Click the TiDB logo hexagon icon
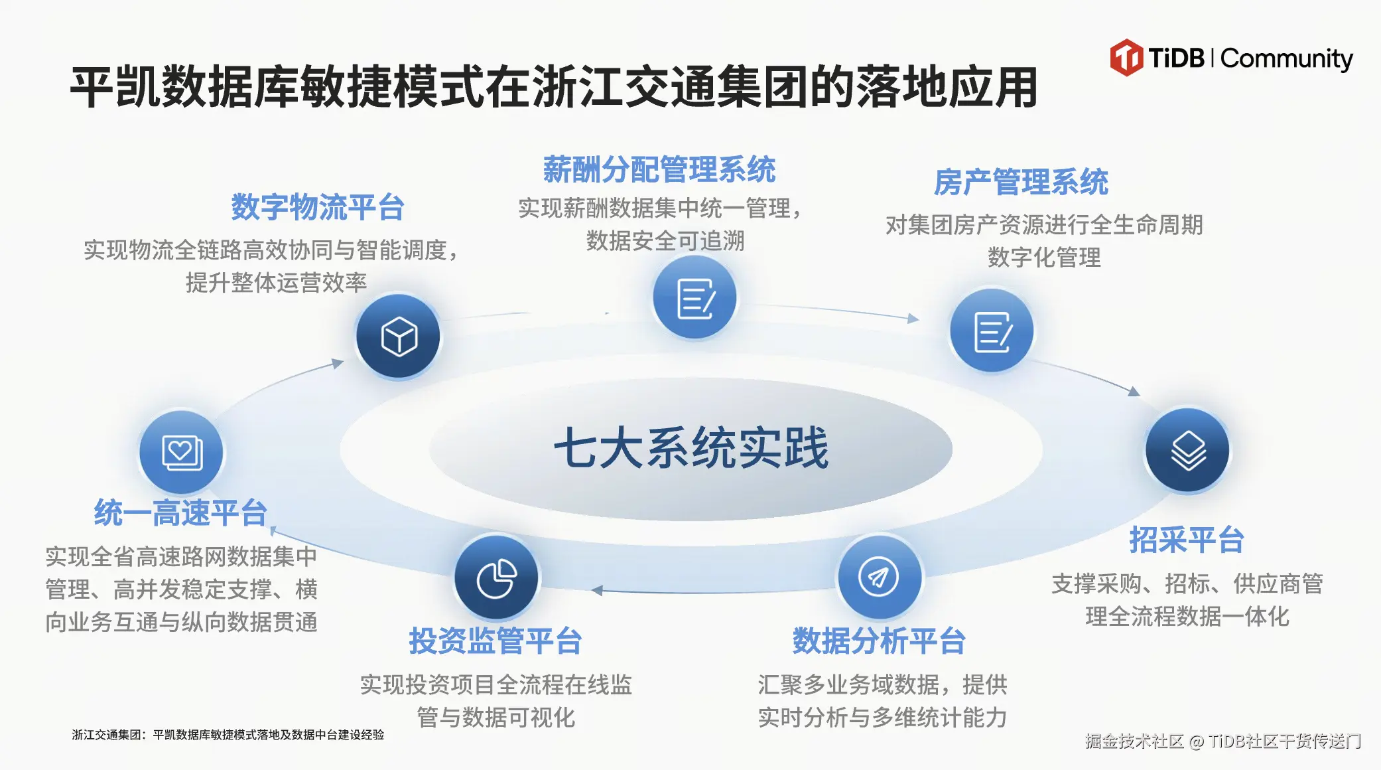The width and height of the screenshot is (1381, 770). tap(1126, 58)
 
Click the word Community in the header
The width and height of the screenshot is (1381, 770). tap(1286, 59)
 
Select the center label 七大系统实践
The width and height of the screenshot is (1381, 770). tap(691, 448)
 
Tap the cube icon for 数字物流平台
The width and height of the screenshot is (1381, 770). tap(399, 337)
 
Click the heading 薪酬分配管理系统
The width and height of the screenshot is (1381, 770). tap(659, 170)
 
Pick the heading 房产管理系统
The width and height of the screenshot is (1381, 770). tap(1021, 183)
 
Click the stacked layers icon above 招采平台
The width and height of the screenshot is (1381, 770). tap(1188, 450)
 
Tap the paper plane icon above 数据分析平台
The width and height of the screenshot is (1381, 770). tap(879, 577)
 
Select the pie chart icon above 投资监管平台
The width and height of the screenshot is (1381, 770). tap(497, 578)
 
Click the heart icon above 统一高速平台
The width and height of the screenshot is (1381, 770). tap(182, 453)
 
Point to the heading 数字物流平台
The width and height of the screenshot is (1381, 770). tap(318, 208)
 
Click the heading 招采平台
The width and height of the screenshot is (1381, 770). tap(1187, 540)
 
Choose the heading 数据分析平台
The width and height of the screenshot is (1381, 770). tap(879, 641)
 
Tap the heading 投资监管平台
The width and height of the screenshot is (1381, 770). tap(495, 641)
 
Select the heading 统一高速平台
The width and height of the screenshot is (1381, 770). tap(180, 513)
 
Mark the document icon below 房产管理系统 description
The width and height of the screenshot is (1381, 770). tap(993, 332)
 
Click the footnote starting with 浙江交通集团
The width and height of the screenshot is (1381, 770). tap(228, 735)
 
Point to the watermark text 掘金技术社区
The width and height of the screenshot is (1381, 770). tap(1134, 741)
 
